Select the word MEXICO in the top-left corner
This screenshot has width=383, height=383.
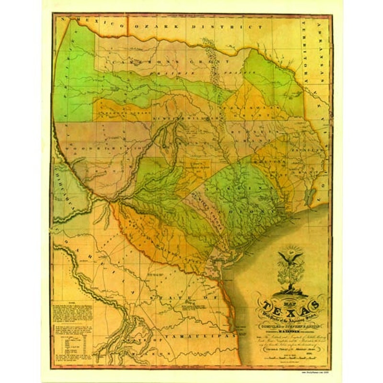click(81, 23)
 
